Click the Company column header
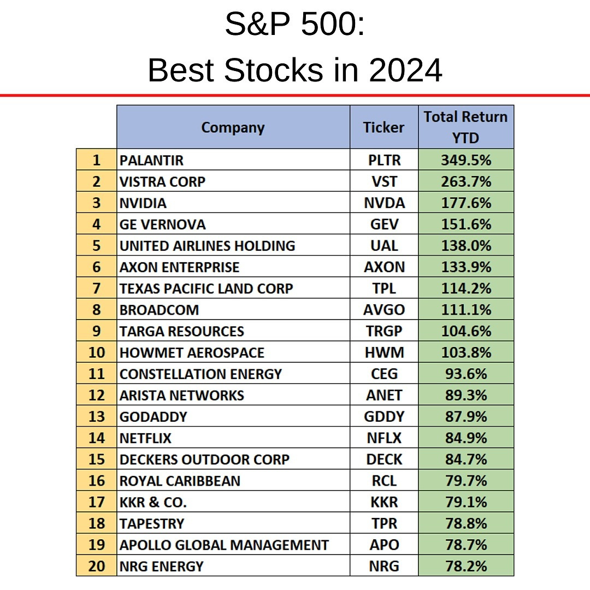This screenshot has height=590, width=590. [x=233, y=127]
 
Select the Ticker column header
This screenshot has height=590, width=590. [x=383, y=127]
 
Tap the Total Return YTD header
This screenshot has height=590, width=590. [x=466, y=127]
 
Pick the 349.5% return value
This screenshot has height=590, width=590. [x=466, y=160]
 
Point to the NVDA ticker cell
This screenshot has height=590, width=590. [x=384, y=203]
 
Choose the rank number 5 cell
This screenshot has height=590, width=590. [x=97, y=246]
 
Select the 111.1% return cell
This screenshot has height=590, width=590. [x=466, y=310]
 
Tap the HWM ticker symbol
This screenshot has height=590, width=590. [x=384, y=352]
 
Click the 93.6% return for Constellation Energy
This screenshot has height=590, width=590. [x=466, y=374]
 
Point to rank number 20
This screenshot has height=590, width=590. [x=97, y=566]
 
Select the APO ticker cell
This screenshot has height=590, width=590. [x=384, y=545]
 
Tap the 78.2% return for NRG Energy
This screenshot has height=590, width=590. [x=466, y=566]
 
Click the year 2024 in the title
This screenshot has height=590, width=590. [x=405, y=70]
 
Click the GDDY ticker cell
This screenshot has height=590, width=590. [x=384, y=417]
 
